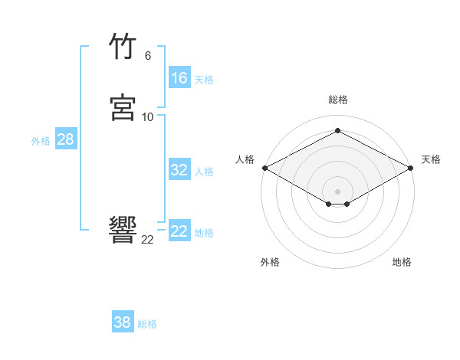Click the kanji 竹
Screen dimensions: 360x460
[x=123, y=47]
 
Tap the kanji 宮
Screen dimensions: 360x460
[x=123, y=108]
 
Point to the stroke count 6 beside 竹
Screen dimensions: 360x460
[x=148, y=56]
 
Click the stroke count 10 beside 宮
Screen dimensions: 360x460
[x=148, y=116]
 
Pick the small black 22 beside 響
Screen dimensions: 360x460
[x=148, y=239]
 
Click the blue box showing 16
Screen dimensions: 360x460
[x=179, y=78]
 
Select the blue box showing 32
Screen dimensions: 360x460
[x=179, y=170]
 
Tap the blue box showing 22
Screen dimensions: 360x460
[x=179, y=231]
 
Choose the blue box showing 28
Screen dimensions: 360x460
[x=65, y=139]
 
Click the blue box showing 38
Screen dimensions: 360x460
[x=123, y=322]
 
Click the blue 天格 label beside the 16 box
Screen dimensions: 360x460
[x=204, y=80]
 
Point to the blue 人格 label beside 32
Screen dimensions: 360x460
[x=204, y=172]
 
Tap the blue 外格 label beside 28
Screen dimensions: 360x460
[x=41, y=141]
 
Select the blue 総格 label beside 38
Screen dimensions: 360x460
[x=147, y=324]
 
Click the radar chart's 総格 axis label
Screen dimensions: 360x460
[x=338, y=100]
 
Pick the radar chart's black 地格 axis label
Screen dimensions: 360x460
[x=402, y=262]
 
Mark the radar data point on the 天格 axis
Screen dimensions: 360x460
[x=411, y=168]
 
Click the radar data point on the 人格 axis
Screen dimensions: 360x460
[x=264, y=168]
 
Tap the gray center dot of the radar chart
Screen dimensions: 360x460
[x=338, y=191]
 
